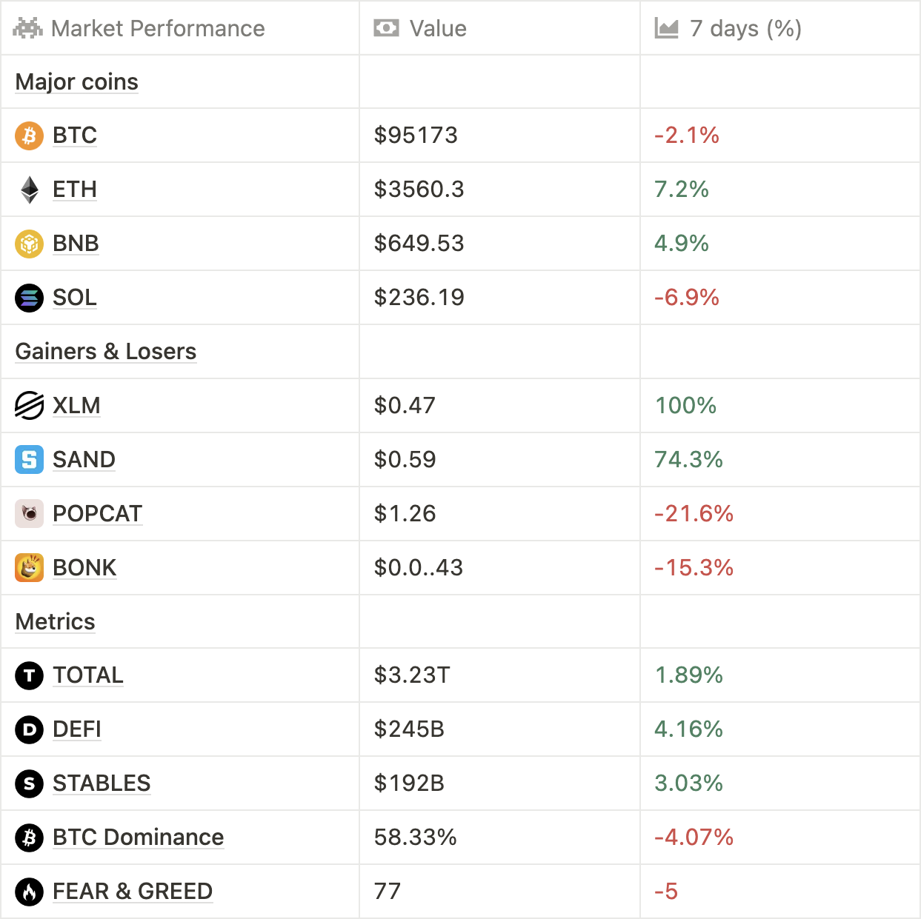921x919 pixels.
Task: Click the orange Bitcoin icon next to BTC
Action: point(30,136)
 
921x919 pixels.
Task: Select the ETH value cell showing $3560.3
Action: point(419,190)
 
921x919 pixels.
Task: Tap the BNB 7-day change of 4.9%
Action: point(681,244)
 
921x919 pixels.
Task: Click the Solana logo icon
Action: point(30,298)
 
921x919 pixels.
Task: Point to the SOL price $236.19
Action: point(419,298)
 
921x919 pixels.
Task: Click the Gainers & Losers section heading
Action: point(106,352)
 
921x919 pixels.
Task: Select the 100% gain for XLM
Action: point(685,406)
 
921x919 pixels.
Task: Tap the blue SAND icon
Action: point(30,460)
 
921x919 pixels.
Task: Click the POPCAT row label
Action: point(97,514)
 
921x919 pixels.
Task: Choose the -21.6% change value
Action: point(694,514)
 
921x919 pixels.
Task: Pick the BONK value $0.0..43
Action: point(419,568)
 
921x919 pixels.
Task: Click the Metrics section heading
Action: point(56,622)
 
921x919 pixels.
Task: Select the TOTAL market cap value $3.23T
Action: point(412,675)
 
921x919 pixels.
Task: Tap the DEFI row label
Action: point(77,729)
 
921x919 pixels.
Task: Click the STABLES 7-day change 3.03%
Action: point(688,783)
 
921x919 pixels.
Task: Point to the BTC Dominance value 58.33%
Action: point(416,838)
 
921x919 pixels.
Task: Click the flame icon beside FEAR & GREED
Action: point(30,892)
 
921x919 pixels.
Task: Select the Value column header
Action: point(437,29)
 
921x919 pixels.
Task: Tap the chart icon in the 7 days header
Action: point(666,29)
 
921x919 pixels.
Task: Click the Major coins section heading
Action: point(77,82)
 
